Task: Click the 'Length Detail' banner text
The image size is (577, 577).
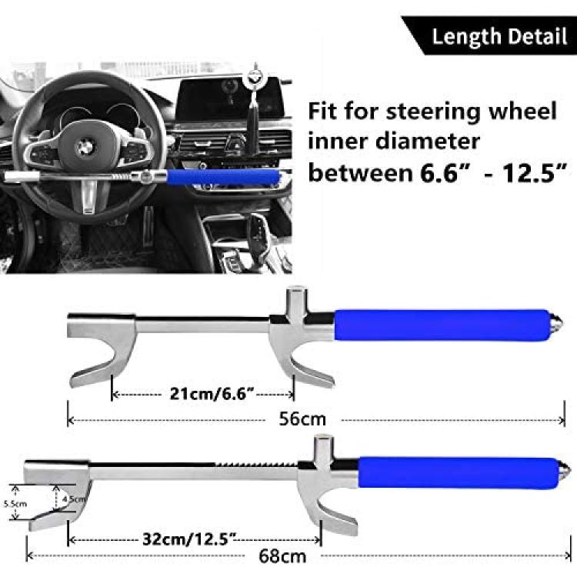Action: click(x=499, y=36)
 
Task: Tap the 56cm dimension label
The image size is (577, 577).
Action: click(x=302, y=419)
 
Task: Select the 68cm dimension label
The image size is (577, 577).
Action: click(x=282, y=556)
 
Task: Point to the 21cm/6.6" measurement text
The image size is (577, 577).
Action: click(x=212, y=394)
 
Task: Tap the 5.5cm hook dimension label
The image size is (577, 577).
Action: click(x=15, y=503)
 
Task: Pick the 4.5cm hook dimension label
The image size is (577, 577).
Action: click(x=75, y=499)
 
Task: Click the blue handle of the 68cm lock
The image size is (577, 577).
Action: click(x=459, y=473)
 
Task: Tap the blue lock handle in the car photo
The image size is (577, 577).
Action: click(x=222, y=177)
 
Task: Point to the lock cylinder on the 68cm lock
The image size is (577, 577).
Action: click(x=323, y=449)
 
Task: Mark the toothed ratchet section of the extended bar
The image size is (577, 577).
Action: click(x=257, y=465)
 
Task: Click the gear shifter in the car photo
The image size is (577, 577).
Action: click(x=262, y=235)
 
